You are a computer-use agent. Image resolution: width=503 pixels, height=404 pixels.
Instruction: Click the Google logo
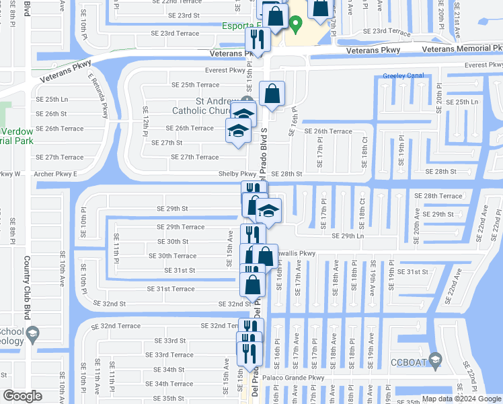pos(22,396)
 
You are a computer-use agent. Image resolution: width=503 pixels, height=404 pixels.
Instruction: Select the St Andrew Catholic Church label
pos(201,106)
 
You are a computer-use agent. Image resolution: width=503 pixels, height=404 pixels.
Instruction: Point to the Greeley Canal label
pos(403,76)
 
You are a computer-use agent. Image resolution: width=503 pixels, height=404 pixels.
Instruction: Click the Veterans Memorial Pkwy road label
pos(461,49)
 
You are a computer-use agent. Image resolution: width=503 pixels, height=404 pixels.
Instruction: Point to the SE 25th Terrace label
pos(195,85)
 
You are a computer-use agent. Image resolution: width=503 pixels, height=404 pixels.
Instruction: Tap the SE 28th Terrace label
pos(438,196)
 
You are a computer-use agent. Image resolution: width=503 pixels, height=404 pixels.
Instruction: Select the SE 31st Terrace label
pos(171,289)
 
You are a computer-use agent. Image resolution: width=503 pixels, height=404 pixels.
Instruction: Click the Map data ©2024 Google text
pos(461,398)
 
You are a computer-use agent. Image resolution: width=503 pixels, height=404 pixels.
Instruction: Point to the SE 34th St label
pos(169,370)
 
